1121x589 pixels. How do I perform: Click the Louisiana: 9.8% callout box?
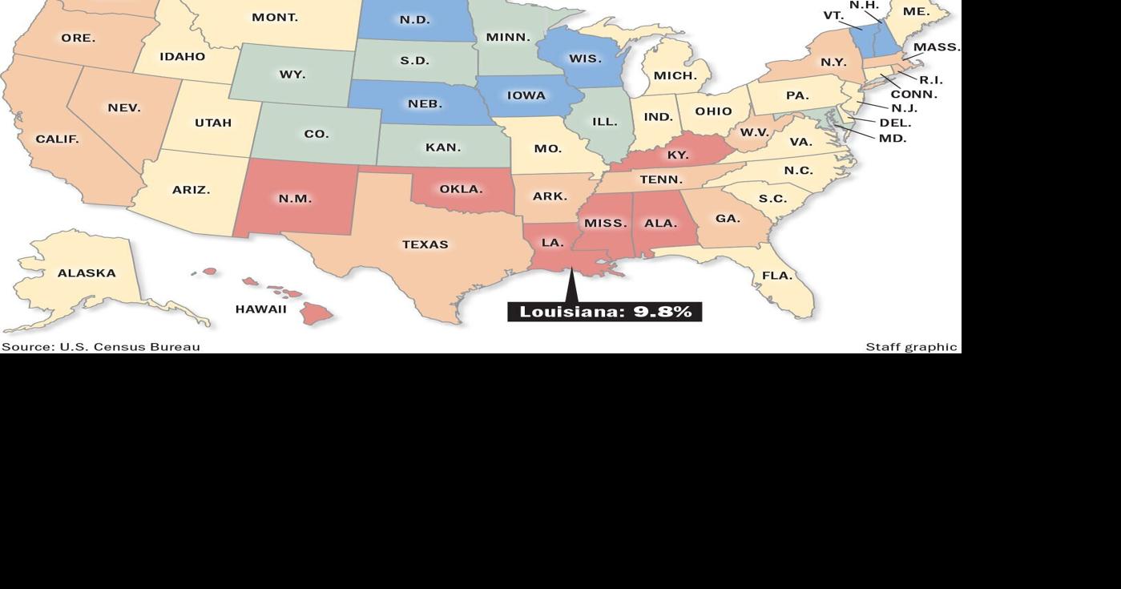click(x=605, y=312)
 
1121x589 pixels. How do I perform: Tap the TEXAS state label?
click(x=425, y=244)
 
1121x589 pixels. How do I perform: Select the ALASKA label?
click(x=87, y=273)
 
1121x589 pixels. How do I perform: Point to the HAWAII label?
click(x=260, y=309)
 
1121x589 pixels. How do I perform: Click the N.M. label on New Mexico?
click(x=295, y=199)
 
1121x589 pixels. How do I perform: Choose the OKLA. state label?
click(x=461, y=190)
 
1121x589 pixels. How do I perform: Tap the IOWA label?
click(x=526, y=95)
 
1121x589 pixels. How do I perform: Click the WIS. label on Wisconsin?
click(x=585, y=59)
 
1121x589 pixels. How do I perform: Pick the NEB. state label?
click(x=425, y=104)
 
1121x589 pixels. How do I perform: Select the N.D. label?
click(x=415, y=20)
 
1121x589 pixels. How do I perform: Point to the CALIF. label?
click(x=57, y=139)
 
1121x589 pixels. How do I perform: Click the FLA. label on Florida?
click(x=776, y=276)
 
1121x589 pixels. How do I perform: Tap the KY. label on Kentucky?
click(x=678, y=155)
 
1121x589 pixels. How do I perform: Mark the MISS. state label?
click(x=606, y=224)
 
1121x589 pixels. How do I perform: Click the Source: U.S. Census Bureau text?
click(x=101, y=347)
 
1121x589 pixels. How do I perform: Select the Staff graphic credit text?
click(x=911, y=347)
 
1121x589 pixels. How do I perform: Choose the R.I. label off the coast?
click(x=931, y=80)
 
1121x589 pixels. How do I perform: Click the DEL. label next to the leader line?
click(x=896, y=123)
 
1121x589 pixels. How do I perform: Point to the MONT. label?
click(x=275, y=18)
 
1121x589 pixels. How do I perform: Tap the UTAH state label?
click(x=213, y=123)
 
